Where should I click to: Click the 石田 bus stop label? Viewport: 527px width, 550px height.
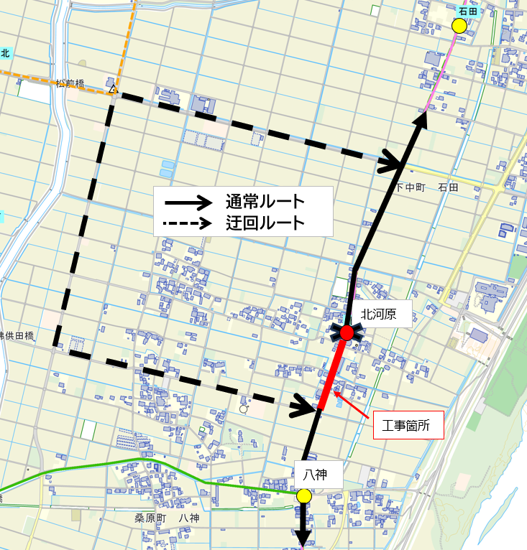point(468,11)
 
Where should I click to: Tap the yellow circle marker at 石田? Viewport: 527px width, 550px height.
point(459,26)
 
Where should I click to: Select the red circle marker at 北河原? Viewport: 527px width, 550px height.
point(347,332)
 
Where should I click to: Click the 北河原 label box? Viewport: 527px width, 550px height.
point(382,313)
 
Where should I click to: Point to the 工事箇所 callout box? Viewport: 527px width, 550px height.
point(408,425)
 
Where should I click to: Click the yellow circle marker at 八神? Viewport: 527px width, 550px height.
point(304,495)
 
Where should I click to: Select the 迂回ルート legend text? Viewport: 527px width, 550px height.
point(264,223)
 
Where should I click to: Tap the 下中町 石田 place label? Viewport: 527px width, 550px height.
point(427,187)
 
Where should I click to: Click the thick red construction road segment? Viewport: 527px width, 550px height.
point(331,375)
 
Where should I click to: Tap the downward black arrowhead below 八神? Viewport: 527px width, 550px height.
point(303,537)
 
